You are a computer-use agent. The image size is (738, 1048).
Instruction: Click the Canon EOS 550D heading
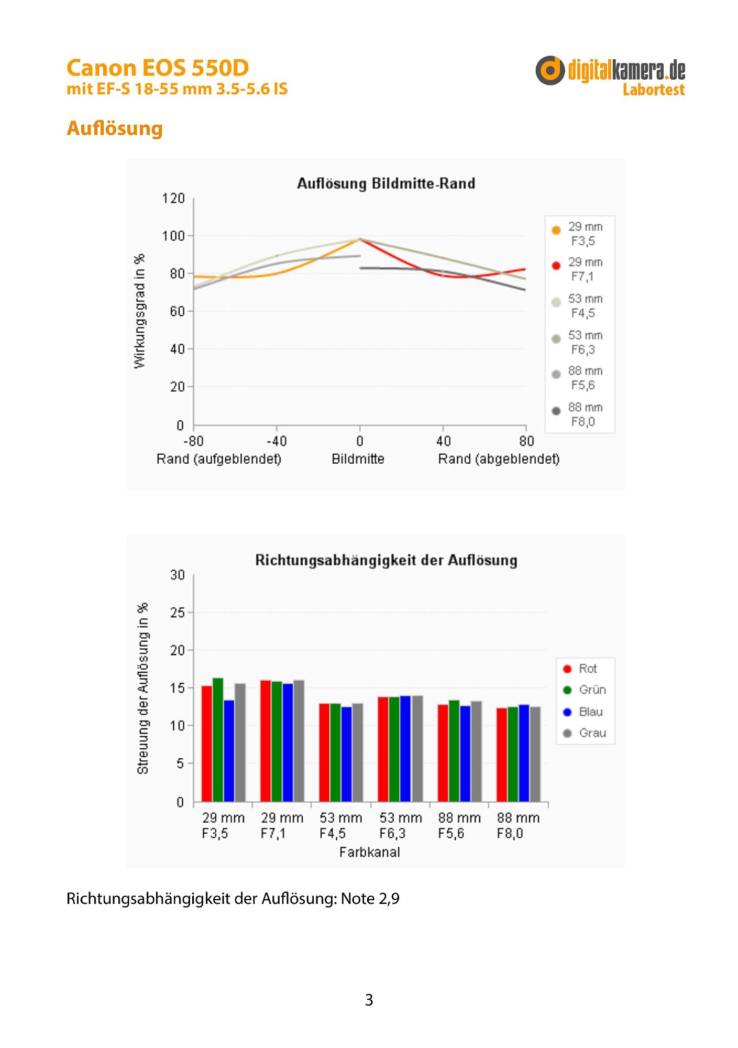(x=158, y=68)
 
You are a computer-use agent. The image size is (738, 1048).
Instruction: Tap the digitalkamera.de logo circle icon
(x=550, y=70)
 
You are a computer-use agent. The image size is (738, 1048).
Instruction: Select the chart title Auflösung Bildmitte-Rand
(x=386, y=183)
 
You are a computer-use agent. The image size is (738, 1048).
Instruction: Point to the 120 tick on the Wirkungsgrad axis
(x=173, y=199)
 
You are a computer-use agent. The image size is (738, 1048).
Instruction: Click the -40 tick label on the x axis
(x=276, y=441)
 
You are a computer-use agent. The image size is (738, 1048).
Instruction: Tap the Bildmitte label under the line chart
(x=358, y=459)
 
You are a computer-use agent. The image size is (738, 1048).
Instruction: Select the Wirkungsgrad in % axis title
(x=139, y=311)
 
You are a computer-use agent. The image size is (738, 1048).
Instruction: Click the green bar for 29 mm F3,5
(x=218, y=739)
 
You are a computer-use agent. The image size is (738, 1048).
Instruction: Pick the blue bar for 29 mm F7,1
(x=288, y=743)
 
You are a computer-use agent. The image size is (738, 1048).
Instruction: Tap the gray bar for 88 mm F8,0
(x=535, y=754)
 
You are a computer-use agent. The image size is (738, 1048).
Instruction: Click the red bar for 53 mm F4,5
(x=324, y=752)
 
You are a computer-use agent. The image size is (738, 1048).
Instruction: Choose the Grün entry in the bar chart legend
(x=585, y=690)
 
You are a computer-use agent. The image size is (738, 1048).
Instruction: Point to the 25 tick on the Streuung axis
(x=178, y=613)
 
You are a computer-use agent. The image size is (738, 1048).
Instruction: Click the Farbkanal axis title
(x=369, y=852)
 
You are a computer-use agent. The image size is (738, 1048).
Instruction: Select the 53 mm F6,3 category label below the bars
(x=401, y=825)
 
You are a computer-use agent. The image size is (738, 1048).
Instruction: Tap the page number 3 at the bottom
(x=369, y=1000)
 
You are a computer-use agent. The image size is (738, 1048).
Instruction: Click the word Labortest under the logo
(x=654, y=90)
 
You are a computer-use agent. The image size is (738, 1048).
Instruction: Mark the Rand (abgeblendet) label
(x=499, y=459)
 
